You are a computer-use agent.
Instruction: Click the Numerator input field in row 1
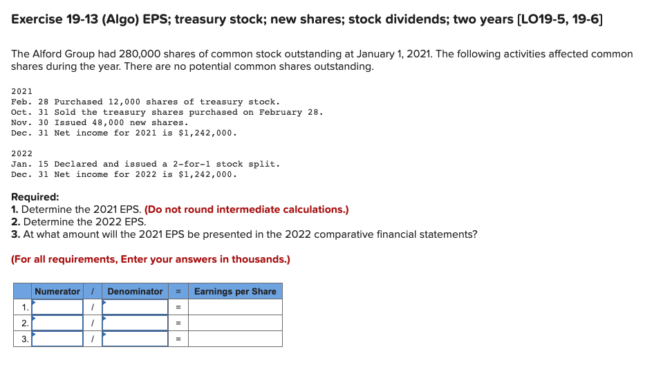click(57, 307)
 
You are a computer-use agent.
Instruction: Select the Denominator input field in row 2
click(136, 323)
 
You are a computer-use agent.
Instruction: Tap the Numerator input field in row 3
click(57, 339)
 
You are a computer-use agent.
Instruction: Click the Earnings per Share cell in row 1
click(235, 307)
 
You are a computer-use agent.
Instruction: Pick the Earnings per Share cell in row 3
click(235, 339)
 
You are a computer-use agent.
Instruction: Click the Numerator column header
click(57, 291)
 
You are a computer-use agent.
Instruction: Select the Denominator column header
click(136, 291)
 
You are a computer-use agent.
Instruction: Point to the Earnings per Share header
click(235, 291)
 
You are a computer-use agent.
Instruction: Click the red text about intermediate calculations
click(246, 209)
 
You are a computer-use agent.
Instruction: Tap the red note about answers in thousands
click(151, 259)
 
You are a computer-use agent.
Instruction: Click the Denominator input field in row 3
click(136, 339)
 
